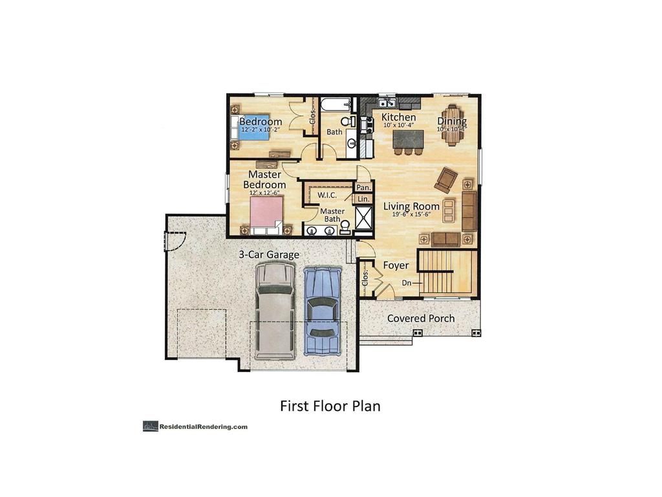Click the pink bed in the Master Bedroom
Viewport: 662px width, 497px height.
[x=266, y=213]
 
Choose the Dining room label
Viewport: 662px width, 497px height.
[x=452, y=121]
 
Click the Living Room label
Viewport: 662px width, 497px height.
[x=411, y=206]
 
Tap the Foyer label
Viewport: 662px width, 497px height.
[x=396, y=265]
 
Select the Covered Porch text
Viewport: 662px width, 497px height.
[x=420, y=318]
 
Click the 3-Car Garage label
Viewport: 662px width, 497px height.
[x=269, y=255]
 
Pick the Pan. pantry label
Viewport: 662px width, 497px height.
[x=363, y=188]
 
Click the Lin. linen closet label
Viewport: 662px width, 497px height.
[x=363, y=199]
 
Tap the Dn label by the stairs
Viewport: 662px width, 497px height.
[x=407, y=283]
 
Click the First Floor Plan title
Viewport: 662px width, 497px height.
[x=330, y=406]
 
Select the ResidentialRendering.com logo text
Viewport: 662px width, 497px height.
[x=203, y=426]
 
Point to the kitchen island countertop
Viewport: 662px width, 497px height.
[x=408, y=138]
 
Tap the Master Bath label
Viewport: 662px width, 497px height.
[x=332, y=215]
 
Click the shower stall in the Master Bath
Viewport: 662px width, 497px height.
[x=363, y=218]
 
